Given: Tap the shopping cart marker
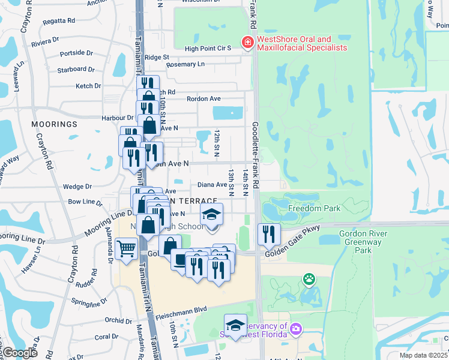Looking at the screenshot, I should pos(126,248).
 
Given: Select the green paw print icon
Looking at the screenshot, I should pos(309,278).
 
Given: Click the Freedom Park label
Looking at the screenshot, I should pos(314,209).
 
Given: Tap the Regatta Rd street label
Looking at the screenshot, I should pos(59,20).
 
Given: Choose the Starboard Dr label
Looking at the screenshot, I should pos(76,70).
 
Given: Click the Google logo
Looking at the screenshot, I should pos(20,353).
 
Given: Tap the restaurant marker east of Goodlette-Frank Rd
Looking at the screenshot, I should pos(268,233).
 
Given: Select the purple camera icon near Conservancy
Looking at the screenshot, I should pos(295,328).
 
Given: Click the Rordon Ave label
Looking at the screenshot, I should pos(204,98).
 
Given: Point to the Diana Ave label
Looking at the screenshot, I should pos(213,185).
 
